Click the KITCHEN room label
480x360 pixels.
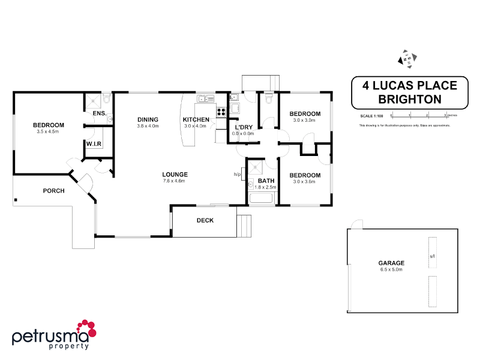pyautogui.click(x=196, y=119)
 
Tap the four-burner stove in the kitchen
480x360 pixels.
pyautogui.click(x=221, y=110)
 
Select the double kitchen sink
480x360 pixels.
pyautogui.click(x=205, y=98)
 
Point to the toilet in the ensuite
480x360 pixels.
pyautogui.click(x=106, y=98)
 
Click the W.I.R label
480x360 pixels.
pyautogui.click(x=92, y=144)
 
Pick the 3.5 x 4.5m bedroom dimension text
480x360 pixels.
pyautogui.click(x=48, y=131)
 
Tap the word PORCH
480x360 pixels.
pyautogui.click(x=53, y=191)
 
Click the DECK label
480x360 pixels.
pyautogui.click(x=205, y=220)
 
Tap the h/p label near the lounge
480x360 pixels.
pyautogui.click(x=237, y=175)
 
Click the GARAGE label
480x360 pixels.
pyautogui.click(x=391, y=263)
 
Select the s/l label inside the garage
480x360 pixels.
pyautogui.click(x=432, y=256)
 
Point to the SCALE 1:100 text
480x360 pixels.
pyautogui.click(x=371, y=115)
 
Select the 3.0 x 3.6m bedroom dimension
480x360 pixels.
pyautogui.click(x=305, y=181)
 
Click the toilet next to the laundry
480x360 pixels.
pyautogui.click(x=269, y=99)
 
